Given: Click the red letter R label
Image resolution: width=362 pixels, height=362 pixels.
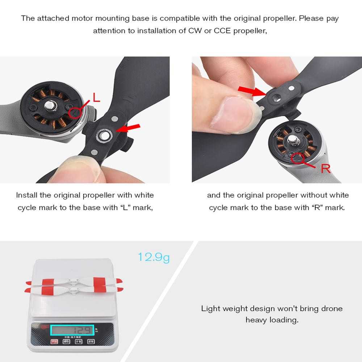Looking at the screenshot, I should click(326, 168).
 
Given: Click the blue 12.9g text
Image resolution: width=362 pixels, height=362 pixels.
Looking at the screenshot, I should click(153, 257).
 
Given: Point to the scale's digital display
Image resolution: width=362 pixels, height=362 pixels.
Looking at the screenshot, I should click(72, 330).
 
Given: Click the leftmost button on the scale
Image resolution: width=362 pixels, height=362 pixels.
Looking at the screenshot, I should click(54, 341).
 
